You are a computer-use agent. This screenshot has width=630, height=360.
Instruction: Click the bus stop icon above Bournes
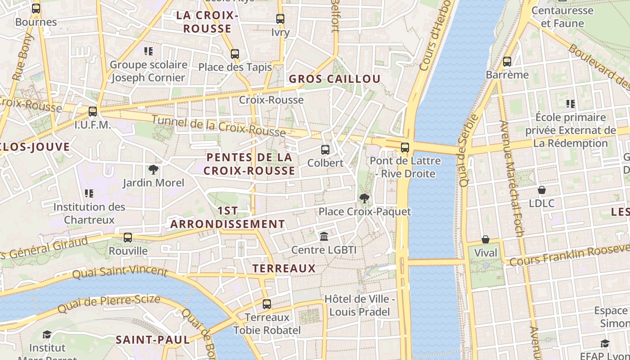[x=36, y=8]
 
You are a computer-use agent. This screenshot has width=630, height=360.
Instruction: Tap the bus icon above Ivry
[x=280, y=19]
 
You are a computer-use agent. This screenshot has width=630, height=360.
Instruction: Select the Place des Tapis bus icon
[x=235, y=54]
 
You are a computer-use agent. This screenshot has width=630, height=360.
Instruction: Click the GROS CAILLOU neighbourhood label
[x=334, y=79]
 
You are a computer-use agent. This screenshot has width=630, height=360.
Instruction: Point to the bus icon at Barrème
[x=507, y=62]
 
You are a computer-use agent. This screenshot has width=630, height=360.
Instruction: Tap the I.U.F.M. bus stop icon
[x=93, y=111]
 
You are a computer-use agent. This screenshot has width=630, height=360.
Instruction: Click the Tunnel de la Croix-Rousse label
[x=219, y=126]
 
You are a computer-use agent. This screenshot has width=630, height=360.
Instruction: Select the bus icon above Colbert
[x=325, y=150]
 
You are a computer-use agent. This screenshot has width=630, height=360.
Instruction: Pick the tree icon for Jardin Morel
[x=153, y=170]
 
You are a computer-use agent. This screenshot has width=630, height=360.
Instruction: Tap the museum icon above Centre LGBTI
[x=324, y=236]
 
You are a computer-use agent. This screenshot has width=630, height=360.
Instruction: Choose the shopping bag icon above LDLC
[x=542, y=190]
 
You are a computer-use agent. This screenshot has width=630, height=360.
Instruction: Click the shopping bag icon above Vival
[x=486, y=239]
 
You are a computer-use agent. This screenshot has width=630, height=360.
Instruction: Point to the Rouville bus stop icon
[x=128, y=237]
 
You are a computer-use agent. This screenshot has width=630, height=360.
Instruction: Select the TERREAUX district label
[x=284, y=269]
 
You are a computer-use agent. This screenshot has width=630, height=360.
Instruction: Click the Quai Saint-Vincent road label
[x=120, y=272]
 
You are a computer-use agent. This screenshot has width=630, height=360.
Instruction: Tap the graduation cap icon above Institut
[x=47, y=334]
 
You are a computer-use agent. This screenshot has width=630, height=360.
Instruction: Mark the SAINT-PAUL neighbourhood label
[x=153, y=340]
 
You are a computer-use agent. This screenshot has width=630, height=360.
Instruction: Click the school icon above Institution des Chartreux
[x=89, y=193]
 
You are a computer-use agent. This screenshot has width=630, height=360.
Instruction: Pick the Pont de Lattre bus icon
[x=405, y=147]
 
